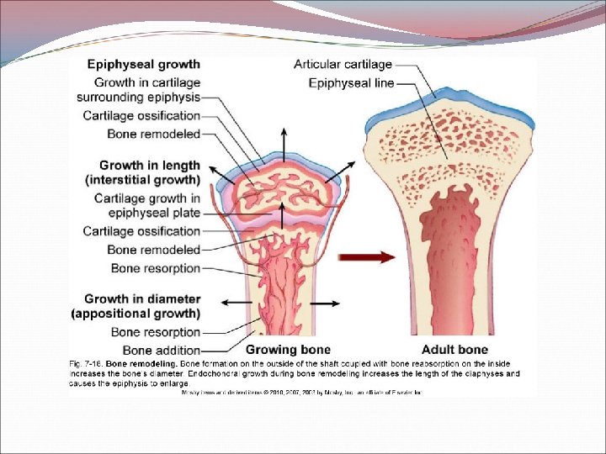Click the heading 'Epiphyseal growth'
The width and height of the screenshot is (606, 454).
[x=144, y=64]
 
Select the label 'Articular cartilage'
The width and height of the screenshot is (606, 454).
[x=343, y=64]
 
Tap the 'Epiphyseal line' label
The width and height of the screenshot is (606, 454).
[x=351, y=82]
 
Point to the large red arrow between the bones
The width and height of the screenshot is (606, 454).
[x=367, y=257]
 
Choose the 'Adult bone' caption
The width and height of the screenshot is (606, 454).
[x=455, y=350]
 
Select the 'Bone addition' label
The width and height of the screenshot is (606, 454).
[x=162, y=350]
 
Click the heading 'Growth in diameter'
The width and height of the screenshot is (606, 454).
[x=142, y=298]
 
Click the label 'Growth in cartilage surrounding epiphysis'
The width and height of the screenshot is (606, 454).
[x=146, y=90]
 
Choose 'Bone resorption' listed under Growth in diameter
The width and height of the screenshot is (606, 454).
[x=156, y=332]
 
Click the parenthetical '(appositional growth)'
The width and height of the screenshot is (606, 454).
[x=142, y=314]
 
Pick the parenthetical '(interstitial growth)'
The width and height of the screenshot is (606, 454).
[x=142, y=180]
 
